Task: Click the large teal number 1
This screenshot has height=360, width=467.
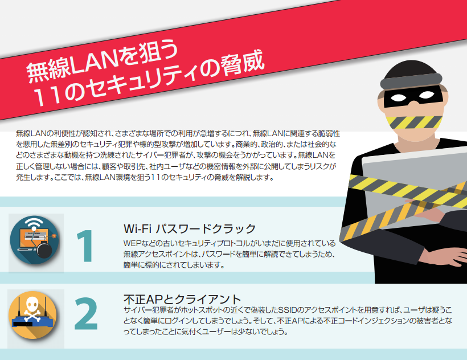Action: click(85, 246)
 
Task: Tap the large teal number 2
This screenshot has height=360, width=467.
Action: click(86, 313)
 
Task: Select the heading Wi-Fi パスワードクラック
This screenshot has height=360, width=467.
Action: click(190, 228)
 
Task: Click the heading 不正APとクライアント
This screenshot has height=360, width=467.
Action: click(182, 298)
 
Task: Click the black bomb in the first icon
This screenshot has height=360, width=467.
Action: click(44, 249)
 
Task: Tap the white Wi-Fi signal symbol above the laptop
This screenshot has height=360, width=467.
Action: click(34, 223)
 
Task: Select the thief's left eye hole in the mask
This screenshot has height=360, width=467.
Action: click(398, 97)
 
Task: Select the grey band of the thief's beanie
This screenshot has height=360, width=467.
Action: click(411, 81)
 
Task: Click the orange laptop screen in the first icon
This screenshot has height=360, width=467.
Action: click(33, 238)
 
